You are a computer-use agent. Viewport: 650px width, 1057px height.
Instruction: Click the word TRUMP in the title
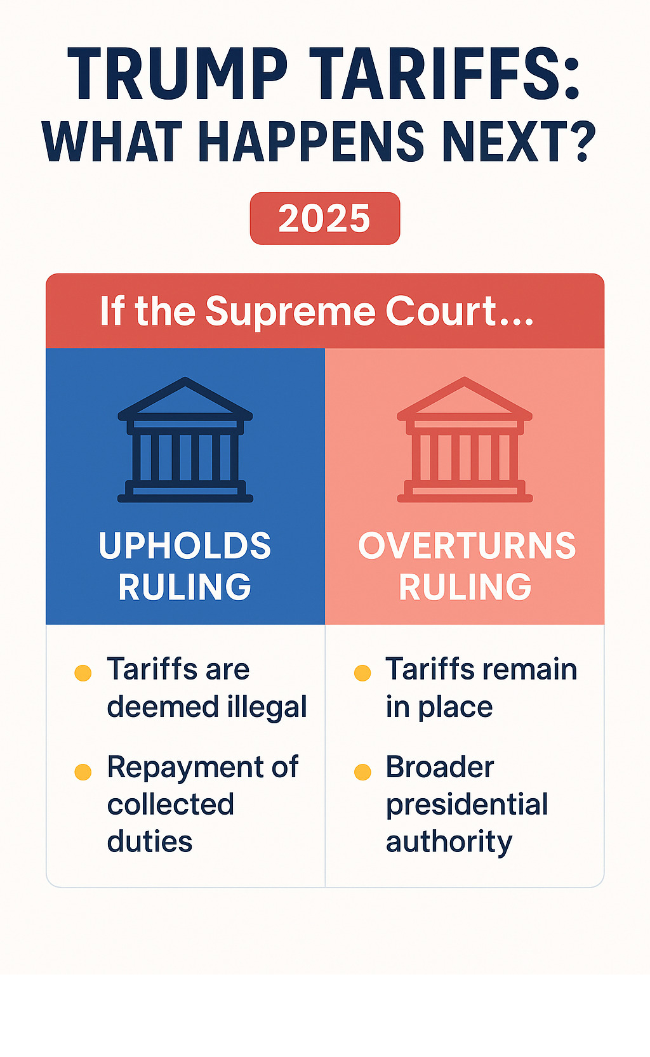178,74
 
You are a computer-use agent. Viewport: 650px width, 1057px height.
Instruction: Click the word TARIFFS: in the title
447,74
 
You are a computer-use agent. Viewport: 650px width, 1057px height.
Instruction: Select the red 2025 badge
325,218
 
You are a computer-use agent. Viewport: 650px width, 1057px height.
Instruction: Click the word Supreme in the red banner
290,312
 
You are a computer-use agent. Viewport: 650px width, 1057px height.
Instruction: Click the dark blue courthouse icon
185,440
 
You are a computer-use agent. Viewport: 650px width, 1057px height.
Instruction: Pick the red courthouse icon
465,440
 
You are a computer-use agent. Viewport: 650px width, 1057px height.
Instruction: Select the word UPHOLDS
185,546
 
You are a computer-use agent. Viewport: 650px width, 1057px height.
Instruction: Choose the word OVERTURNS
467,546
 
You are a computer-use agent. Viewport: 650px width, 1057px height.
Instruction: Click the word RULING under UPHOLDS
185,587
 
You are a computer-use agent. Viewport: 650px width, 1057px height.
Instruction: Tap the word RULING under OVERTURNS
465,587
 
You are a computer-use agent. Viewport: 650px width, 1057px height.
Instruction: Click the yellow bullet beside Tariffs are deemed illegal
83,673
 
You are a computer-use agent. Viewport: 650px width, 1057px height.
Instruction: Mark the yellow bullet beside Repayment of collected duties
83,772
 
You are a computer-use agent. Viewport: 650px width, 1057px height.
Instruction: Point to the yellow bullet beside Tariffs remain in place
362,673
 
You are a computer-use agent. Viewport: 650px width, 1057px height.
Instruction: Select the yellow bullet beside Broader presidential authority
362,772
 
